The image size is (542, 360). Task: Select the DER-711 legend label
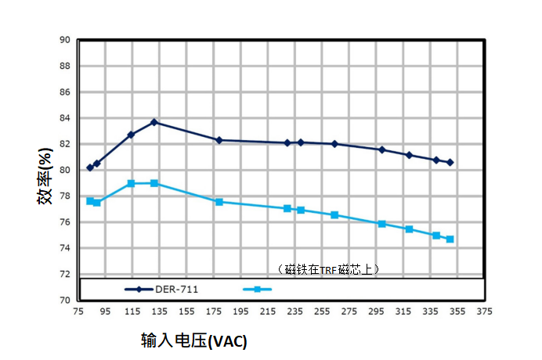point(176,289)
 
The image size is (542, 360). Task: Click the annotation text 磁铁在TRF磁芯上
point(329,269)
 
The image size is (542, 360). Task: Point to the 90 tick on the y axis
point(65,40)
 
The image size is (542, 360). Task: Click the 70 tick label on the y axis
point(65,301)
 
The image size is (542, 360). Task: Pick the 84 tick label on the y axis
point(65,118)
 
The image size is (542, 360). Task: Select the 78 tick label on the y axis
point(65,196)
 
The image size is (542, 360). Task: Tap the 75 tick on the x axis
point(78,311)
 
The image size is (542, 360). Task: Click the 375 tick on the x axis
point(484,311)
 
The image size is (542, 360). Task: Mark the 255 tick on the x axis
point(321,311)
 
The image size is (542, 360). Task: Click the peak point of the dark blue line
point(154,122)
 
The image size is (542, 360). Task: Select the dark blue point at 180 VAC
point(219,140)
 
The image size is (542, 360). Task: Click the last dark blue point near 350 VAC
point(450,163)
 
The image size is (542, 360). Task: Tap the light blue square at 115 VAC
point(131,183)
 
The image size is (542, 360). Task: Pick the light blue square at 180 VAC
point(219,202)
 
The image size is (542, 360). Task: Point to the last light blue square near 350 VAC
point(450,239)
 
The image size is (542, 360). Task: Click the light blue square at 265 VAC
point(334,214)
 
